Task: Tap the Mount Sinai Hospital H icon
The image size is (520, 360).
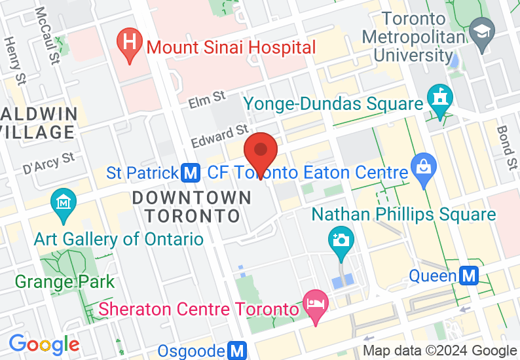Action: click(130, 44)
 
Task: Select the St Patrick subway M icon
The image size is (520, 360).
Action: click(191, 173)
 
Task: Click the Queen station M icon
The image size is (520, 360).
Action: click(469, 276)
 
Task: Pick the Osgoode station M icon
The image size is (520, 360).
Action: click(237, 351)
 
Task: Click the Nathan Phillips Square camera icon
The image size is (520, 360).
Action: click(340, 240)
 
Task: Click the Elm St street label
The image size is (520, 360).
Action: click(207, 100)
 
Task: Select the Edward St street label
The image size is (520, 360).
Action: click(219, 136)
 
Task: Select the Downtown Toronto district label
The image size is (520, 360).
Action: click(191, 206)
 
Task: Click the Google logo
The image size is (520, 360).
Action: click(44, 343)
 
